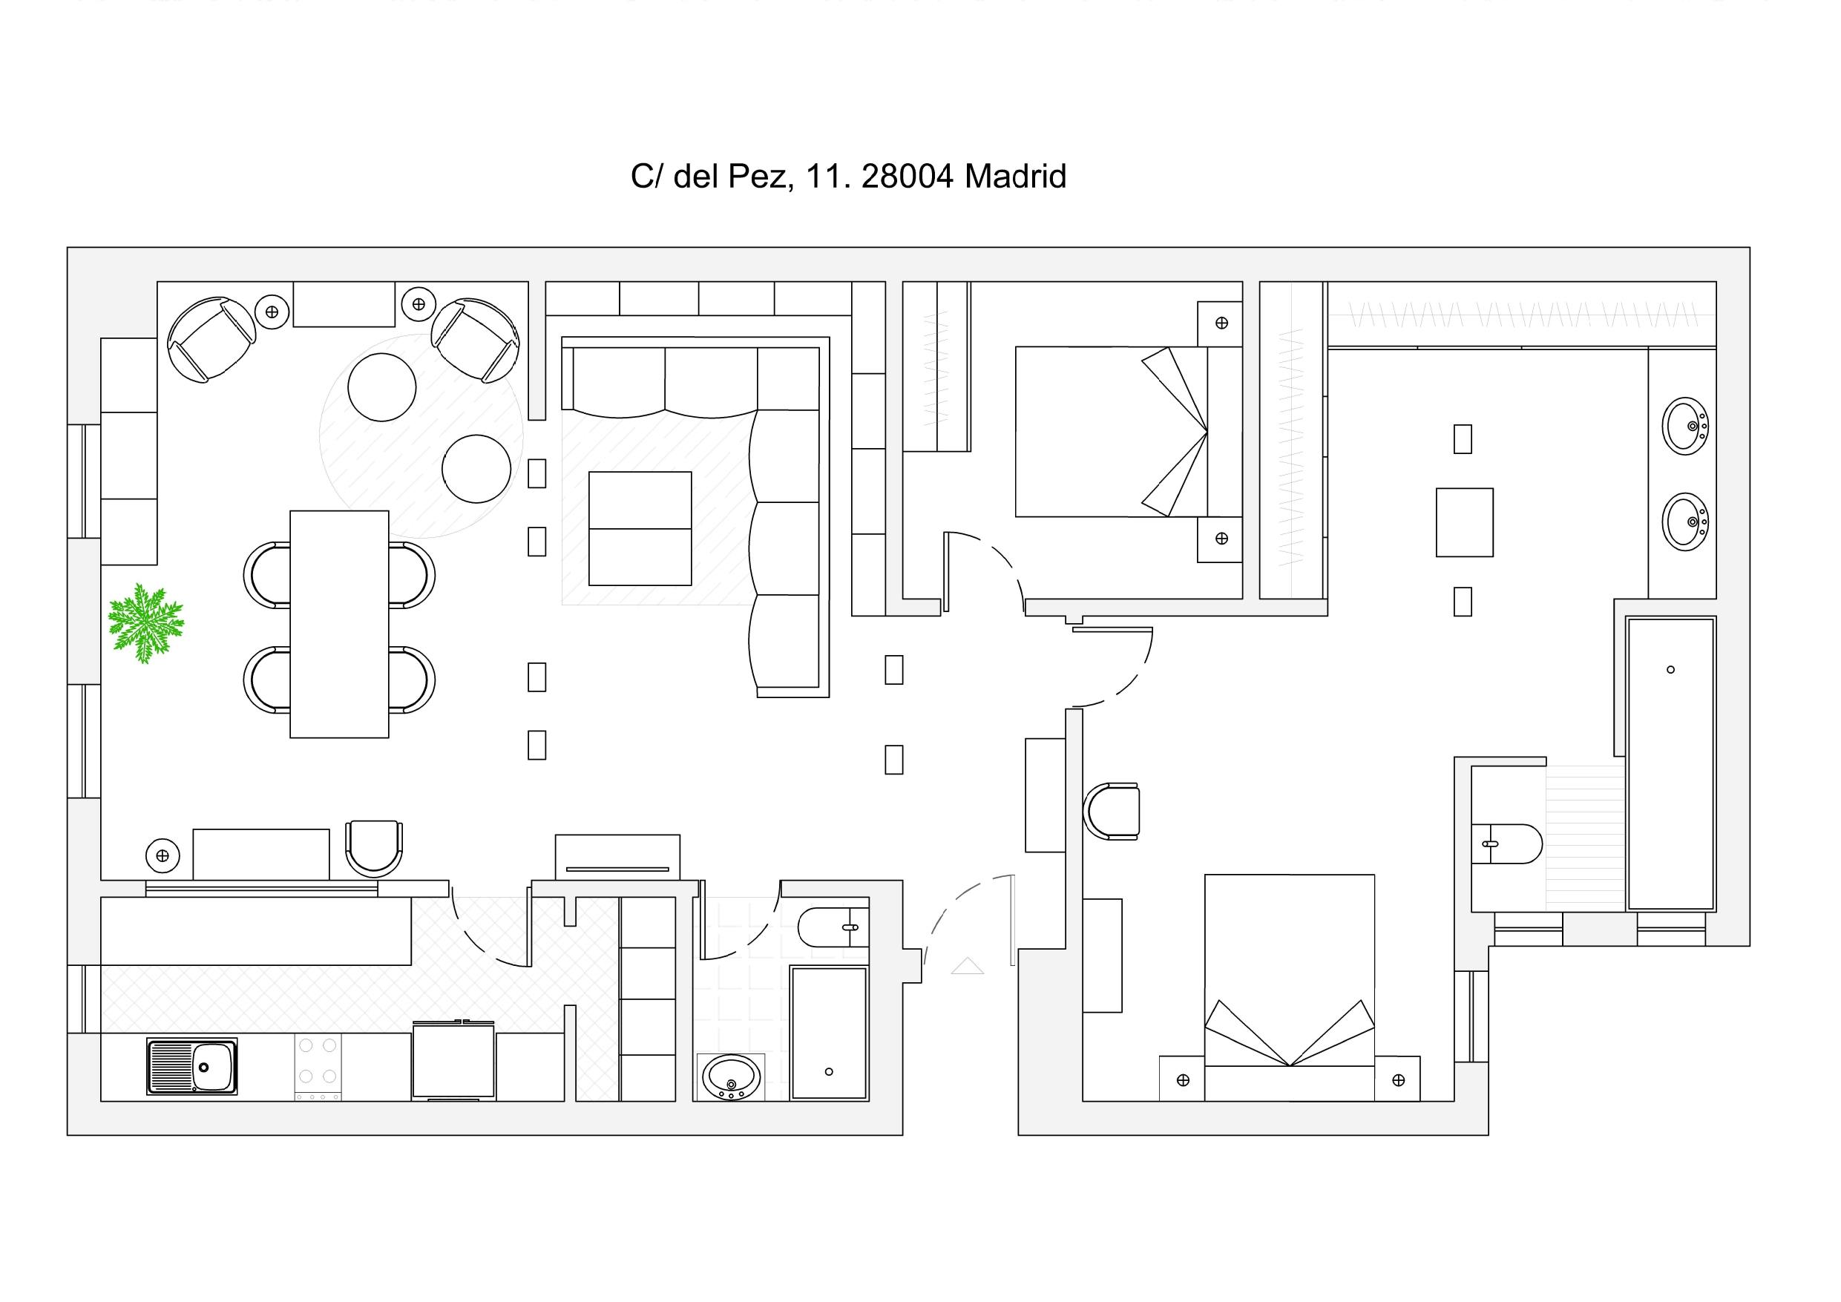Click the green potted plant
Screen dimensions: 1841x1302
click(x=146, y=624)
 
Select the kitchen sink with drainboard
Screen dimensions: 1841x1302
click(x=192, y=1066)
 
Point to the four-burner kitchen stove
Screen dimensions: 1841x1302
click(x=318, y=1066)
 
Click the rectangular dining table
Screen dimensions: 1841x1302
click(x=339, y=624)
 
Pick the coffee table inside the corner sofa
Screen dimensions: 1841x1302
click(x=640, y=528)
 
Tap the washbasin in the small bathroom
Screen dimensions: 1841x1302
click(x=731, y=1076)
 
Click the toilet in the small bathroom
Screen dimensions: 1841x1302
click(x=834, y=927)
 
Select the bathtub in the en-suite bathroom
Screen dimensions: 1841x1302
click(x=1671, y=763)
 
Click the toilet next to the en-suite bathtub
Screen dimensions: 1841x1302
click(x=1506, y=844)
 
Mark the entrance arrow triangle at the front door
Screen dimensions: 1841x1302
click(x=967, y=966)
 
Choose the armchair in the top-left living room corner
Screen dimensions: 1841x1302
click(x=211, y=339)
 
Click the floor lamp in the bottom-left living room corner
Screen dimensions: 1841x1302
click(x=163, y=856)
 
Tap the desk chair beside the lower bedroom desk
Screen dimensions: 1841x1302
click(x=1112, y=812)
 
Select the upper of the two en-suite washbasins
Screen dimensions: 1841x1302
click(x=1685, y=426)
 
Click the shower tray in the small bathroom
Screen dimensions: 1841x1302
click(x=829, y=1033)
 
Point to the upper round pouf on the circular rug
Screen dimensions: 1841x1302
click(x=381, y=387)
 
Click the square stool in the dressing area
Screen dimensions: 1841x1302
click(x=1464, y=522)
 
